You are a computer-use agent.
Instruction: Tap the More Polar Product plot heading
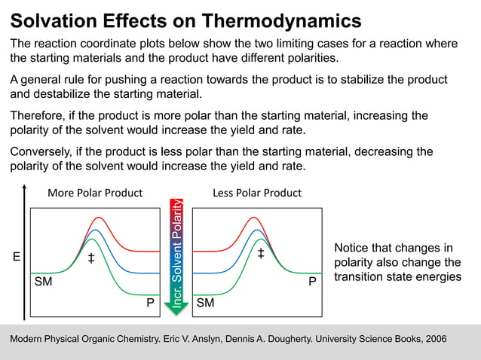click(x=95, y=193)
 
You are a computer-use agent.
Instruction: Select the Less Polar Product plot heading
click(x=257, y=193)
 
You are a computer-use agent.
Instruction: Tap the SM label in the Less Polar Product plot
click(x=205, y=304)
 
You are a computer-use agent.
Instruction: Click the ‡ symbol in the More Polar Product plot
click(x=90, y=258)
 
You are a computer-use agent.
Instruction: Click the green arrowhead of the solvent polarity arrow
click(x=176, y=308)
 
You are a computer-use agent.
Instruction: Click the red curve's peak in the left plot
click(x=97, y=218)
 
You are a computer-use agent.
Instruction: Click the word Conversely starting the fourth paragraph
click(x=42, y=152)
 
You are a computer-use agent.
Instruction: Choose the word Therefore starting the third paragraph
click(x=39, y=116)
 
